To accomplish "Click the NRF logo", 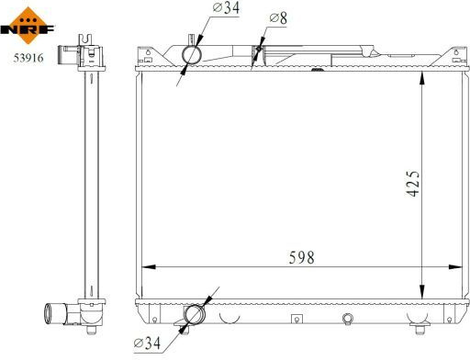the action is point(28,26).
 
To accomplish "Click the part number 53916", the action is point(28,58).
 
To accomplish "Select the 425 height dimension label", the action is point(412,183).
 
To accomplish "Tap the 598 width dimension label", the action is point(301,257).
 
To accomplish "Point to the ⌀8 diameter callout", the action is point(278,18).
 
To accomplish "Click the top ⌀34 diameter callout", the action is point(226,7).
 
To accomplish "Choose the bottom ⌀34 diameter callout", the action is point(147,343).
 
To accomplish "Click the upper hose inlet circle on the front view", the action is point(192,55).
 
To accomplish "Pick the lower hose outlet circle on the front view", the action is point(194,315).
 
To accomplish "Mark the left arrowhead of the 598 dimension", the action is point(149,267).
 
